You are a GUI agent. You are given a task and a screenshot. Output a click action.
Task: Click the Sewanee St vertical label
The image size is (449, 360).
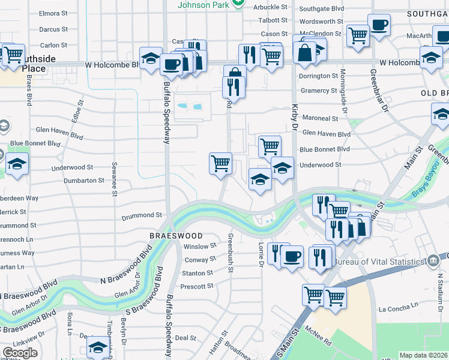[113, 178]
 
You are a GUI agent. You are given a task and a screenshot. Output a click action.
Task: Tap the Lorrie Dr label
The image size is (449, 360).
[261, 254]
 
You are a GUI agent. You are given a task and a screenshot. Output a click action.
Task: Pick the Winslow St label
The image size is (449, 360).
[199, 247]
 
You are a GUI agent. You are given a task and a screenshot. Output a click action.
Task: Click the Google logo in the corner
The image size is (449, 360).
[20, 353]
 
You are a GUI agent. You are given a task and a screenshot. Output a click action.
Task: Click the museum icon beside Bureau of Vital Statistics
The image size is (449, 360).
[432, 261]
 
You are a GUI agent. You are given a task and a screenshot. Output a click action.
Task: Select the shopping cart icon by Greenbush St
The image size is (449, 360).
[221, 163]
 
